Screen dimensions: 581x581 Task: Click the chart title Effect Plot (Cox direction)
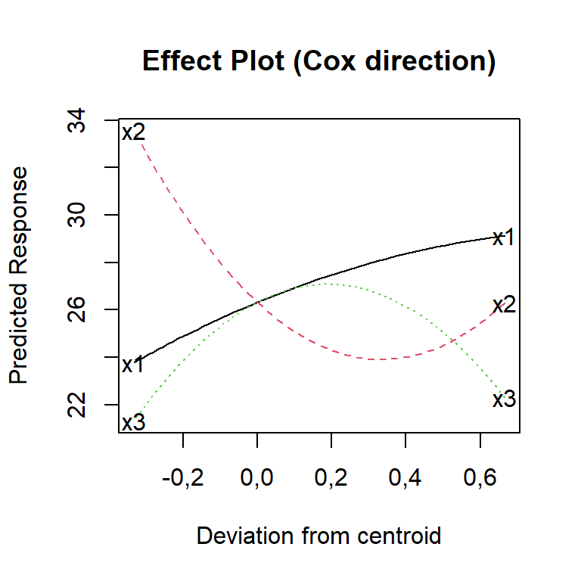[318, 61]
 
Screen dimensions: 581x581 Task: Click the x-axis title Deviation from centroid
[318, 536]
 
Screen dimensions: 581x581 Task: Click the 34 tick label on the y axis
[76, 120]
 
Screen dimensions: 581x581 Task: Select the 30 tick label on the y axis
[76, 215]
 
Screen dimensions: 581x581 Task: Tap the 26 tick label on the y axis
[76, 309]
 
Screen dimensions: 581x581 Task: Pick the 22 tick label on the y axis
[76, 404]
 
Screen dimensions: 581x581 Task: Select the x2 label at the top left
[133, 133]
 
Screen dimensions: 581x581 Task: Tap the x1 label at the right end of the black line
[504, 238]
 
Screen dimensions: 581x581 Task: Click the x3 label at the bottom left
[133, 422]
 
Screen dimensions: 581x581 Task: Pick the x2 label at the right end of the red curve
[504, 305]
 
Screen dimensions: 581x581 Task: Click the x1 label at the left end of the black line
[133, 365]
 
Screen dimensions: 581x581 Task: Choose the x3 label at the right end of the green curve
[504, 399]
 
